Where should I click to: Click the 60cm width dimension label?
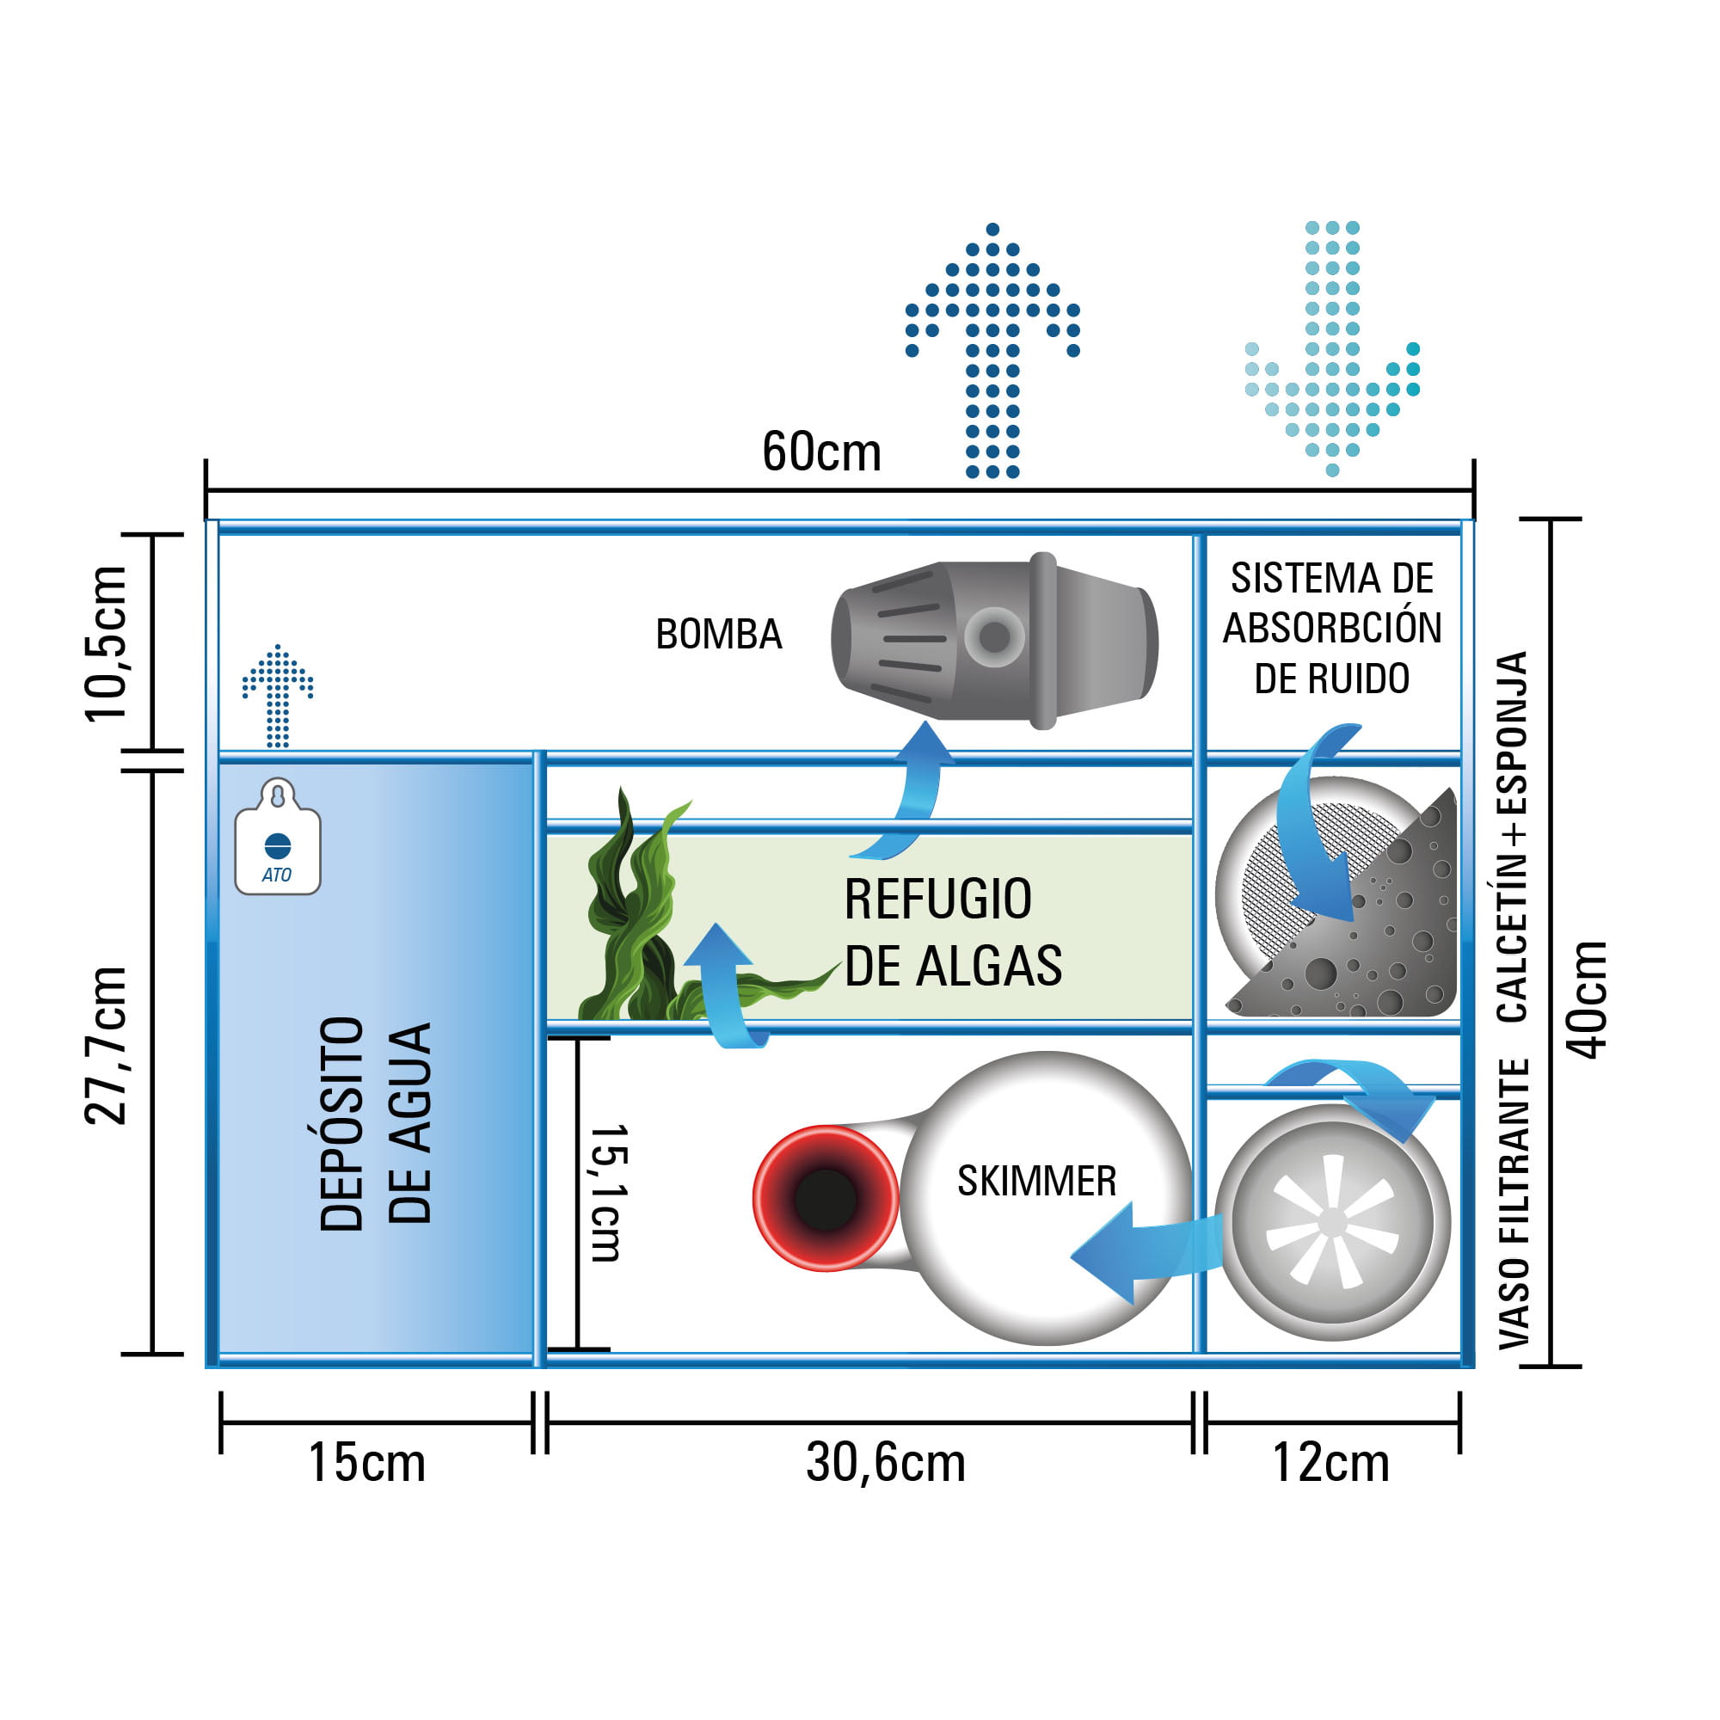820,452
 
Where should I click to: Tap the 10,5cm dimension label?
107,643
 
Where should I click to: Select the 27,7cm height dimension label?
107,1045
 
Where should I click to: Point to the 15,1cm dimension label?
610,1193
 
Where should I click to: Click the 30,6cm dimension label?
885,1463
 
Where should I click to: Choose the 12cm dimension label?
1330,1463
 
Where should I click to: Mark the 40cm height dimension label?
1587,998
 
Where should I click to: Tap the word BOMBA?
718,635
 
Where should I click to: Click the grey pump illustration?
993,640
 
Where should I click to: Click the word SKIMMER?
1036,1182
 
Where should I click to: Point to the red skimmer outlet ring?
826,1198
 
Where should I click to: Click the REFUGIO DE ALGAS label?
953,931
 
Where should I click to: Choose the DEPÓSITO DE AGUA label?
375,1123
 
